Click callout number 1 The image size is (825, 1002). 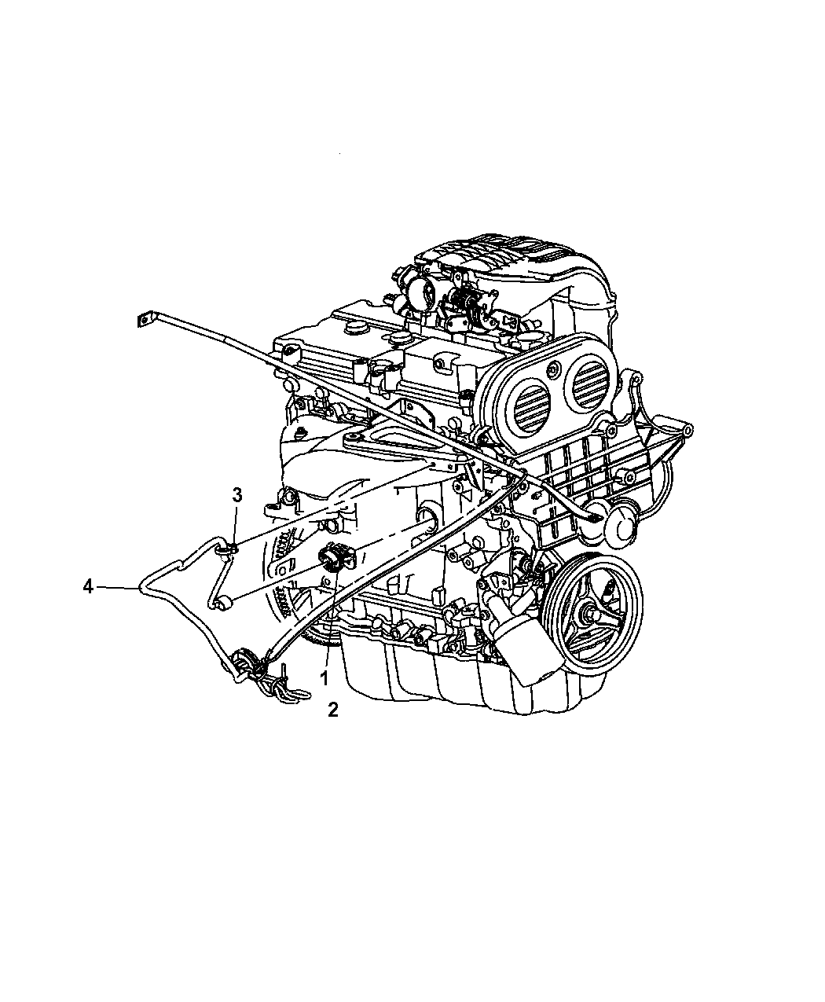324,678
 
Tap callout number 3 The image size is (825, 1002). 237,495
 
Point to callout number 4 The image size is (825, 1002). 88,586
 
